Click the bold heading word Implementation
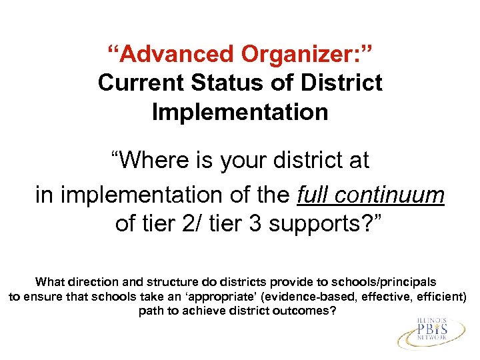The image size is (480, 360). coord(240,111)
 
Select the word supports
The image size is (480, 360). coord(307,225)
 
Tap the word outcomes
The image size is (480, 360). coord(304,311)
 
